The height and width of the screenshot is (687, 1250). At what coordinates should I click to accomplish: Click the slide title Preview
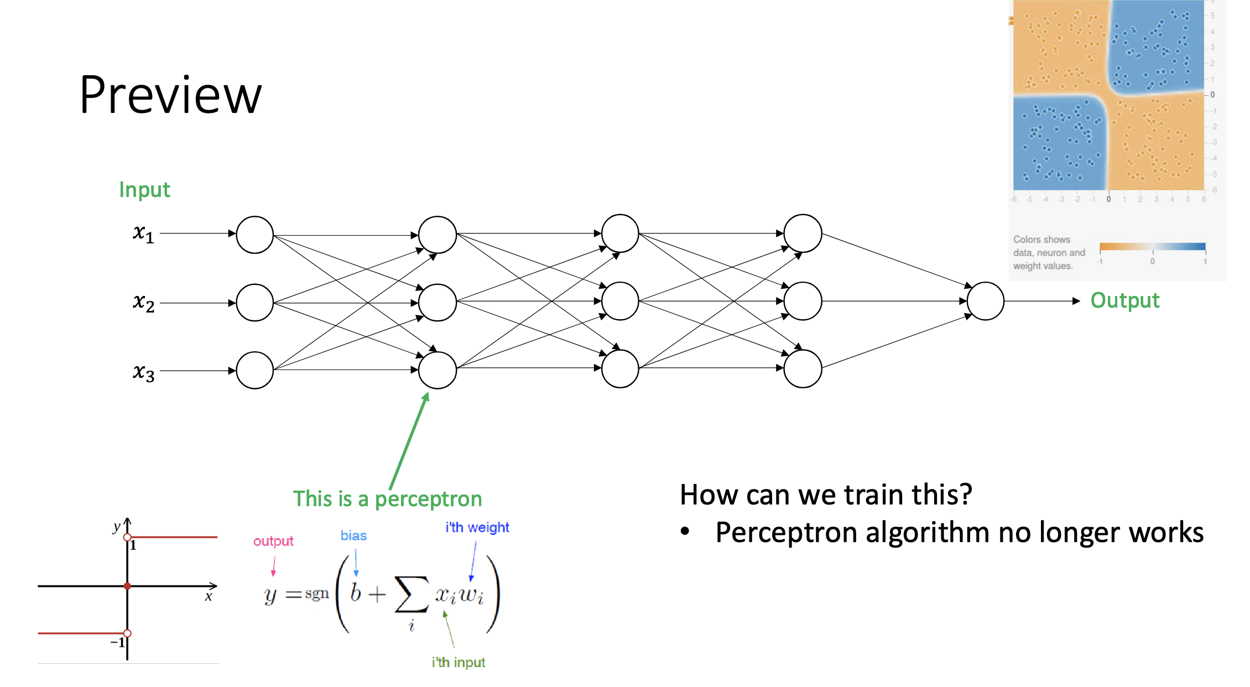pos(170,95)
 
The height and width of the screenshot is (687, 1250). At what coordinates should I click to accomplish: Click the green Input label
pos(144,190)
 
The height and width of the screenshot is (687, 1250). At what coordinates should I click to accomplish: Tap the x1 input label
pos(143,233)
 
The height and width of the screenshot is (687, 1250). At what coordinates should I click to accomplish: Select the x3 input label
pos(143,372)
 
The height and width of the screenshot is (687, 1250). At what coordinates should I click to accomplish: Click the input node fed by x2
pos(254,303)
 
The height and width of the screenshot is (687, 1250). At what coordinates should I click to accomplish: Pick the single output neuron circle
pos(985,301)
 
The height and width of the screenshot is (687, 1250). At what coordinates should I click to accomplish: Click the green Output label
pos(1124,300)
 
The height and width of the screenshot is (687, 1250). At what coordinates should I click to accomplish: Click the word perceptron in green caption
pos(428,499)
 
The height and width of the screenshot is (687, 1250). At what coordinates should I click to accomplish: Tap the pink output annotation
pos(273,541)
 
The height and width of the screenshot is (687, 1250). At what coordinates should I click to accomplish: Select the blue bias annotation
pos(353,535)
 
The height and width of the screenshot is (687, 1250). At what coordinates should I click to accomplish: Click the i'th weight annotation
pos(477,527)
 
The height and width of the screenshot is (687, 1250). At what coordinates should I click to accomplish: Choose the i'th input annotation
pos(458,662)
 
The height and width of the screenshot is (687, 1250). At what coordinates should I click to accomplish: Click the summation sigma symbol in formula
pos(412,595)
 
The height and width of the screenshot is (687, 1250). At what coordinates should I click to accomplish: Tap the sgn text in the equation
pos(316,594)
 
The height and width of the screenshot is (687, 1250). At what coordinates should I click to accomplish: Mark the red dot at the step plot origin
pos(127,586)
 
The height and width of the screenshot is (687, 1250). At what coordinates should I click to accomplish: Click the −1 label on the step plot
pos(118,642)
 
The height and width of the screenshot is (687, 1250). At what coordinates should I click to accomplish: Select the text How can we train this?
pos(825,495)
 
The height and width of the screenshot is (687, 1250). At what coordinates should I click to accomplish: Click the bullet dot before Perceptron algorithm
pos(685,532)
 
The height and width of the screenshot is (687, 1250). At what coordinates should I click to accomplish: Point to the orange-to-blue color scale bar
pos(1152,247)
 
